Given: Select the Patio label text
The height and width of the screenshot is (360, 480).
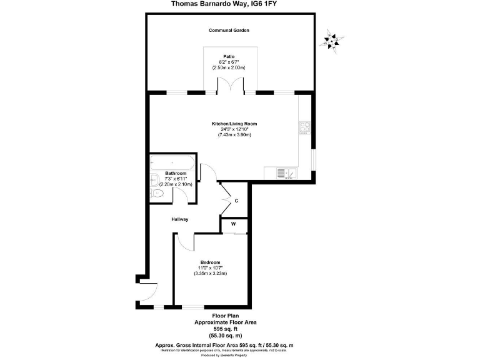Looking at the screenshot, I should (228, 56).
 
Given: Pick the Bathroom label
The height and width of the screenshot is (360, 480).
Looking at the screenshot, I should (176, 173).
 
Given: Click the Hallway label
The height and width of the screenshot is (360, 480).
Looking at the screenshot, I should (180, 219).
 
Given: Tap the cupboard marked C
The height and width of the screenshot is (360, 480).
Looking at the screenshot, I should (236, 201).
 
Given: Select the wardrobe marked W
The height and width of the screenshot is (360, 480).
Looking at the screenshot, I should (233, 224).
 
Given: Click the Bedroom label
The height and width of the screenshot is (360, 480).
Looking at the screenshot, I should (210, 262).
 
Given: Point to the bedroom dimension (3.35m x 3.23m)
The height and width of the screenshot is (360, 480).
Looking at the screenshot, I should (210, 273).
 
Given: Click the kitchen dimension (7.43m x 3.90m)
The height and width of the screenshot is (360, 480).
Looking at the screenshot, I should (234, 135).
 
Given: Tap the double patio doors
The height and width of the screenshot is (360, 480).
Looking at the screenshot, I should (229, 85).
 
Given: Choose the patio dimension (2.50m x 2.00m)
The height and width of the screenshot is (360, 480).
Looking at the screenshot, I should (228, 67).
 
